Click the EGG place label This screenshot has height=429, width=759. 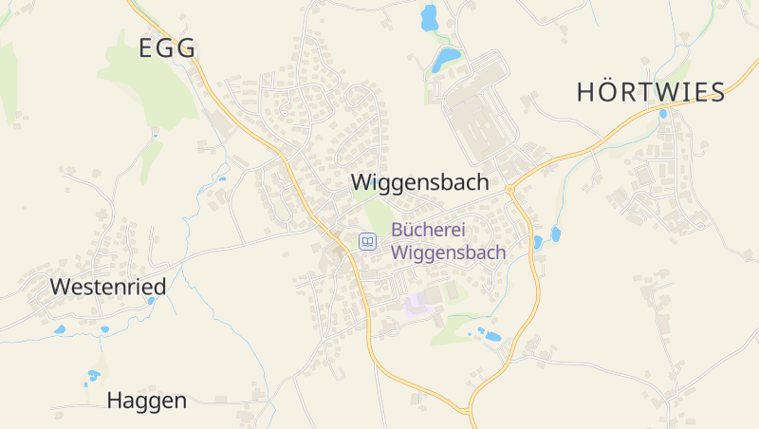click(167, 48)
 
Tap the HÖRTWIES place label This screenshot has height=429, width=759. click(651, 92)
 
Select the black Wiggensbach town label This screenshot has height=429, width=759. click(419, 182)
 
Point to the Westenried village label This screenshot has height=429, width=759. click(107, 287)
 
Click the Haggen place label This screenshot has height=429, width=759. click(146, 401)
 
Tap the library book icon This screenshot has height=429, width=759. click(367, 242)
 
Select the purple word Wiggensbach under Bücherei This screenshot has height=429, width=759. click(448, 253)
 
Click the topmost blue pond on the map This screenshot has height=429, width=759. click(429, 17)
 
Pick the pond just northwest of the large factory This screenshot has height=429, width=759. click(445, 60)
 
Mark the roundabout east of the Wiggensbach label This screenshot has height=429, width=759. click(509, 190)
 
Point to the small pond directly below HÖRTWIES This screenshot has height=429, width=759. click(662, 115)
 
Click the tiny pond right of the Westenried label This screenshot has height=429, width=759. click(151, 301)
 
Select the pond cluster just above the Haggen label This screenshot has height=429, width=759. click(93, 376)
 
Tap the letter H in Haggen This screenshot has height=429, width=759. click(115, 401)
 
